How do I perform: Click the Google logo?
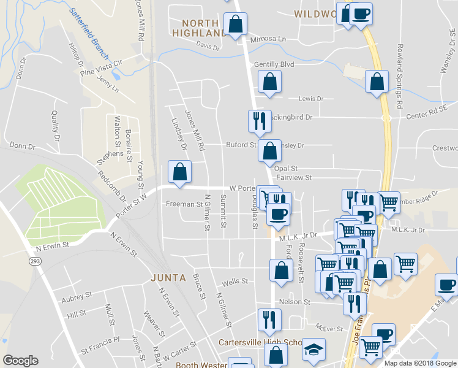(x=20, y=361)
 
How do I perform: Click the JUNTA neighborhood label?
(x=168, y=277)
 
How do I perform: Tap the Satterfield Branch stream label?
(x=88, y=29)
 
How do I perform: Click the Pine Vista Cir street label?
(x=102, y=67)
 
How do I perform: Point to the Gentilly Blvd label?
(x=274, y=64)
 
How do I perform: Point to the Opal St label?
(x=286, y=168)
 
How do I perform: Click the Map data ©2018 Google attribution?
(x=420, y=362)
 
